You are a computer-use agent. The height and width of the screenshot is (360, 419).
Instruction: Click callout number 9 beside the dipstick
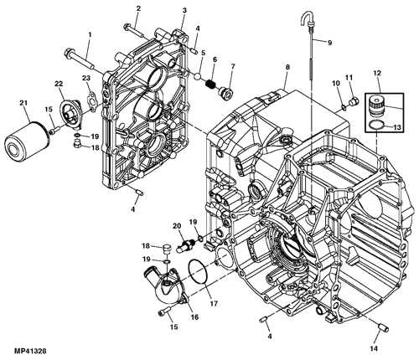tap(329, 43)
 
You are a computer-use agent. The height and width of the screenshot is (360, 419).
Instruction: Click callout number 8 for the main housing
tap(287, 66)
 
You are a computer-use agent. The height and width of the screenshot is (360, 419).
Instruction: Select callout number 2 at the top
tap(138, 8)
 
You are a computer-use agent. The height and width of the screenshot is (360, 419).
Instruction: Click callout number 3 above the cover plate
tap(184, 10)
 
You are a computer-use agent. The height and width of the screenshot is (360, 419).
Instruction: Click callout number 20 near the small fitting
tap(176, 226)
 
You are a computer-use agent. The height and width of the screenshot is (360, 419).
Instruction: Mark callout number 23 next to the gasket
tap(86, 78)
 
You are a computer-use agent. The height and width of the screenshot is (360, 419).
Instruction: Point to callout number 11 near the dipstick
tap(350, 78)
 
